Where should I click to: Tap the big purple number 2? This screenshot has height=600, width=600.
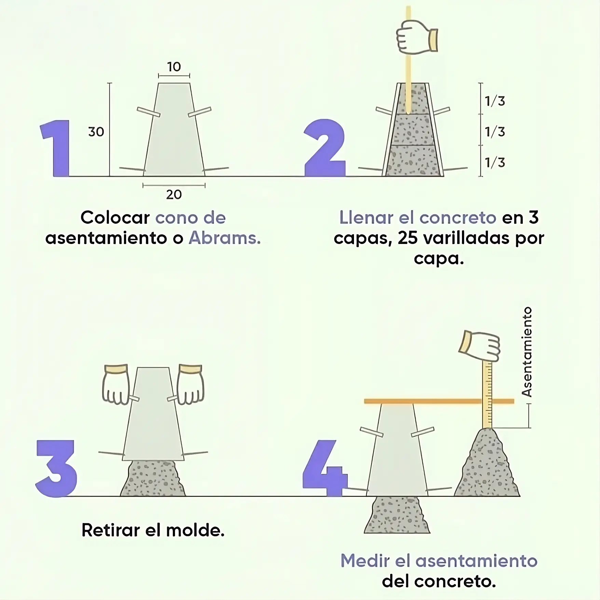(x=325, y=149)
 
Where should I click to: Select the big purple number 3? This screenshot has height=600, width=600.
(x=56, y=468)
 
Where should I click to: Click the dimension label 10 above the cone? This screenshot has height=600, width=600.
(x=174, y=67)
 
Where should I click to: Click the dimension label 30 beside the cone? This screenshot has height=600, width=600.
(x=96, y=132)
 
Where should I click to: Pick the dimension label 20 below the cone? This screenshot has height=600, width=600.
(x=174, y=195)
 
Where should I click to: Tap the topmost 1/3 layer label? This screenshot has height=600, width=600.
(x=495, y=101)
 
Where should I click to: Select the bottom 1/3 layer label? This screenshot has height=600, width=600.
(x=495, y=163)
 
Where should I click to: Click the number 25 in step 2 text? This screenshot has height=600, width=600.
(x=408, y=238)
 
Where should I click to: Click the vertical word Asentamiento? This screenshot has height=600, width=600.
(x=527, y=352)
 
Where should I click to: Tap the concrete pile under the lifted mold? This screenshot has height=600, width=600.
(x=153, y=478)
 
